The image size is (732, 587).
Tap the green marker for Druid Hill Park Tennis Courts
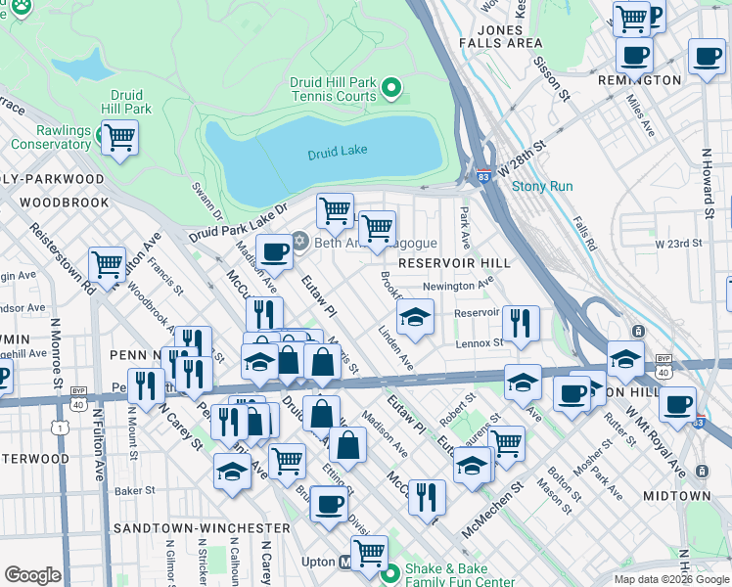coord(392,89)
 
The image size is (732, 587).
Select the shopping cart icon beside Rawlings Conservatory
coord(119,137)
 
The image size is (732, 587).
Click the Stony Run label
coord(542,186)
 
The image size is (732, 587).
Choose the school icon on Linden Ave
coord(415,317)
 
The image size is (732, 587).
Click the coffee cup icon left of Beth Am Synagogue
coord(274,251)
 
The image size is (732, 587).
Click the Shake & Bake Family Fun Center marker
coord(391,572)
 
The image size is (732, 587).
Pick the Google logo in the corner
coord(32,575)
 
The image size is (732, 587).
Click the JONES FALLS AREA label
coord(509,36)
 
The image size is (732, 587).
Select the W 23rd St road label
coord(679,243)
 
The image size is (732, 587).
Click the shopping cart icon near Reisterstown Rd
coord(107,263)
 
